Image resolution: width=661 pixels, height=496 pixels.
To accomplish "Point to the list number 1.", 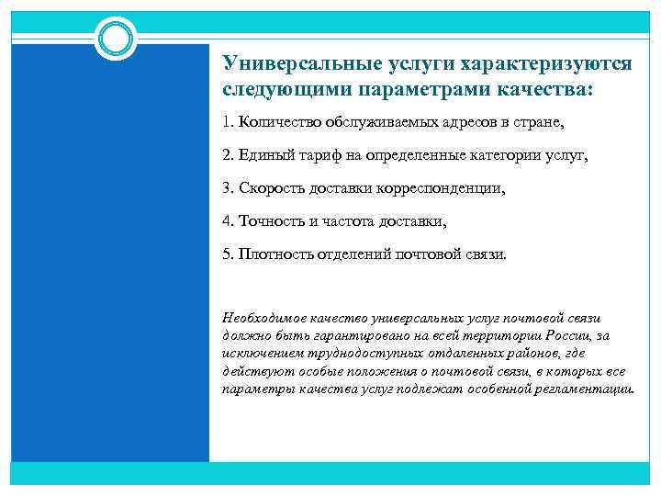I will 228,122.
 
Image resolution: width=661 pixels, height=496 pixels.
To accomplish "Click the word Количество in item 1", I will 276,122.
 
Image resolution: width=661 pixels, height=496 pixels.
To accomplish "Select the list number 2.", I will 228,155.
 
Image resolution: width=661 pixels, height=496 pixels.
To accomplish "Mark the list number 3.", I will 228,188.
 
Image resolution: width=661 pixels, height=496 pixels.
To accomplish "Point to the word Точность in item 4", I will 270,221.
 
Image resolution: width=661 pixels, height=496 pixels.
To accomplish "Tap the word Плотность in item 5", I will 275,254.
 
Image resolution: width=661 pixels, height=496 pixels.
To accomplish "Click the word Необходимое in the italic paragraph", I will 265,317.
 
